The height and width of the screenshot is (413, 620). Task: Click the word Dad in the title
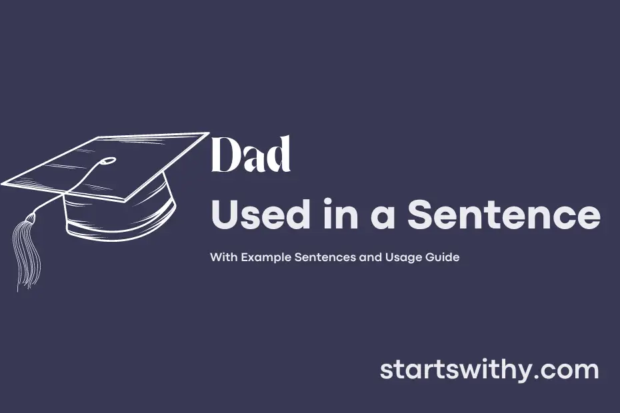(251, 155)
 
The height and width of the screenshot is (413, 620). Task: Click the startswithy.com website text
(489, 370)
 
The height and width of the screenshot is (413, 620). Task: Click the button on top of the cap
(108, 161)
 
